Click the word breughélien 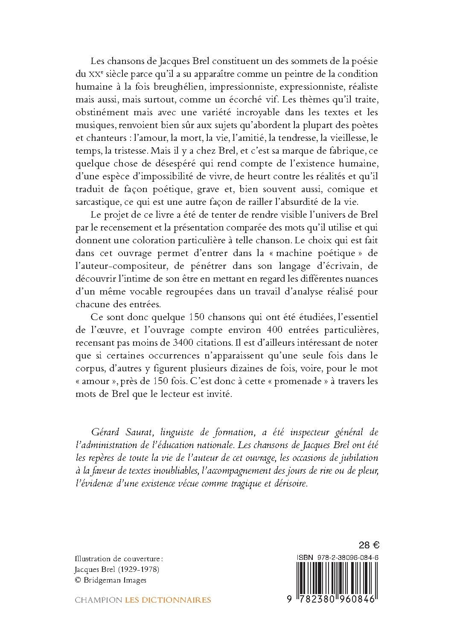(164, 87)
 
